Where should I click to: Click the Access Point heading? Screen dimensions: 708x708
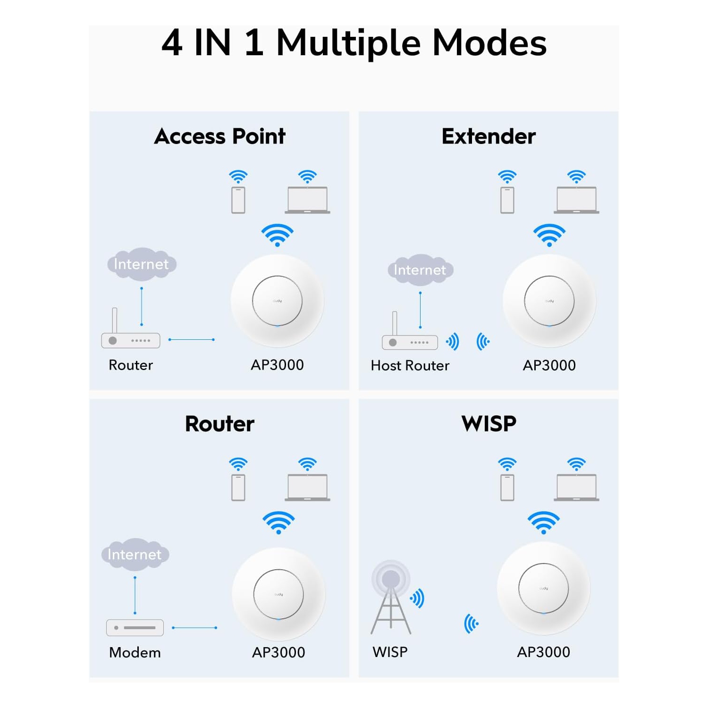click(219, 136)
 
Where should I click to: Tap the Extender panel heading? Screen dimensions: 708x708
click(488, 136)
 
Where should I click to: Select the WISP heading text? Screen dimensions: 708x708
click(489, 423)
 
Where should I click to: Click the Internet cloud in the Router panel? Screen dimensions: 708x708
click(135, 554)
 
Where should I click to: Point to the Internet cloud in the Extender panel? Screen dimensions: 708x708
click(420, 270)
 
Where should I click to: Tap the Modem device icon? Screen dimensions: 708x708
click(135, 627)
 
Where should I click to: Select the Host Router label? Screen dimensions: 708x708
click(410, 365)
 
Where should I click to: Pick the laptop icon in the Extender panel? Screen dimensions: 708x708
click(576, 200)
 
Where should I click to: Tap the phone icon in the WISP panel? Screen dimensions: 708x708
click(507, 488)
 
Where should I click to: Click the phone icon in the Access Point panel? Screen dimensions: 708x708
click(238, 200)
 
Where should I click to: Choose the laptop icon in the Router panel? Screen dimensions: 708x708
click(307, 488)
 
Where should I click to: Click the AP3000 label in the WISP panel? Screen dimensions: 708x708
click(543, 652)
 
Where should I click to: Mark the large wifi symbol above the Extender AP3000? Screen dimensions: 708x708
click(549, 235)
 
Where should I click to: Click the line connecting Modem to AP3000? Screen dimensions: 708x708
click(194, 628)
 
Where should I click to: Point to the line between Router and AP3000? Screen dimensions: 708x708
click(191, 339)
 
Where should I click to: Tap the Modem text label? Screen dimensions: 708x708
click(135, 652)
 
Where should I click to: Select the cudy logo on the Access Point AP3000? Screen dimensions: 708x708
click(278, 301)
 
